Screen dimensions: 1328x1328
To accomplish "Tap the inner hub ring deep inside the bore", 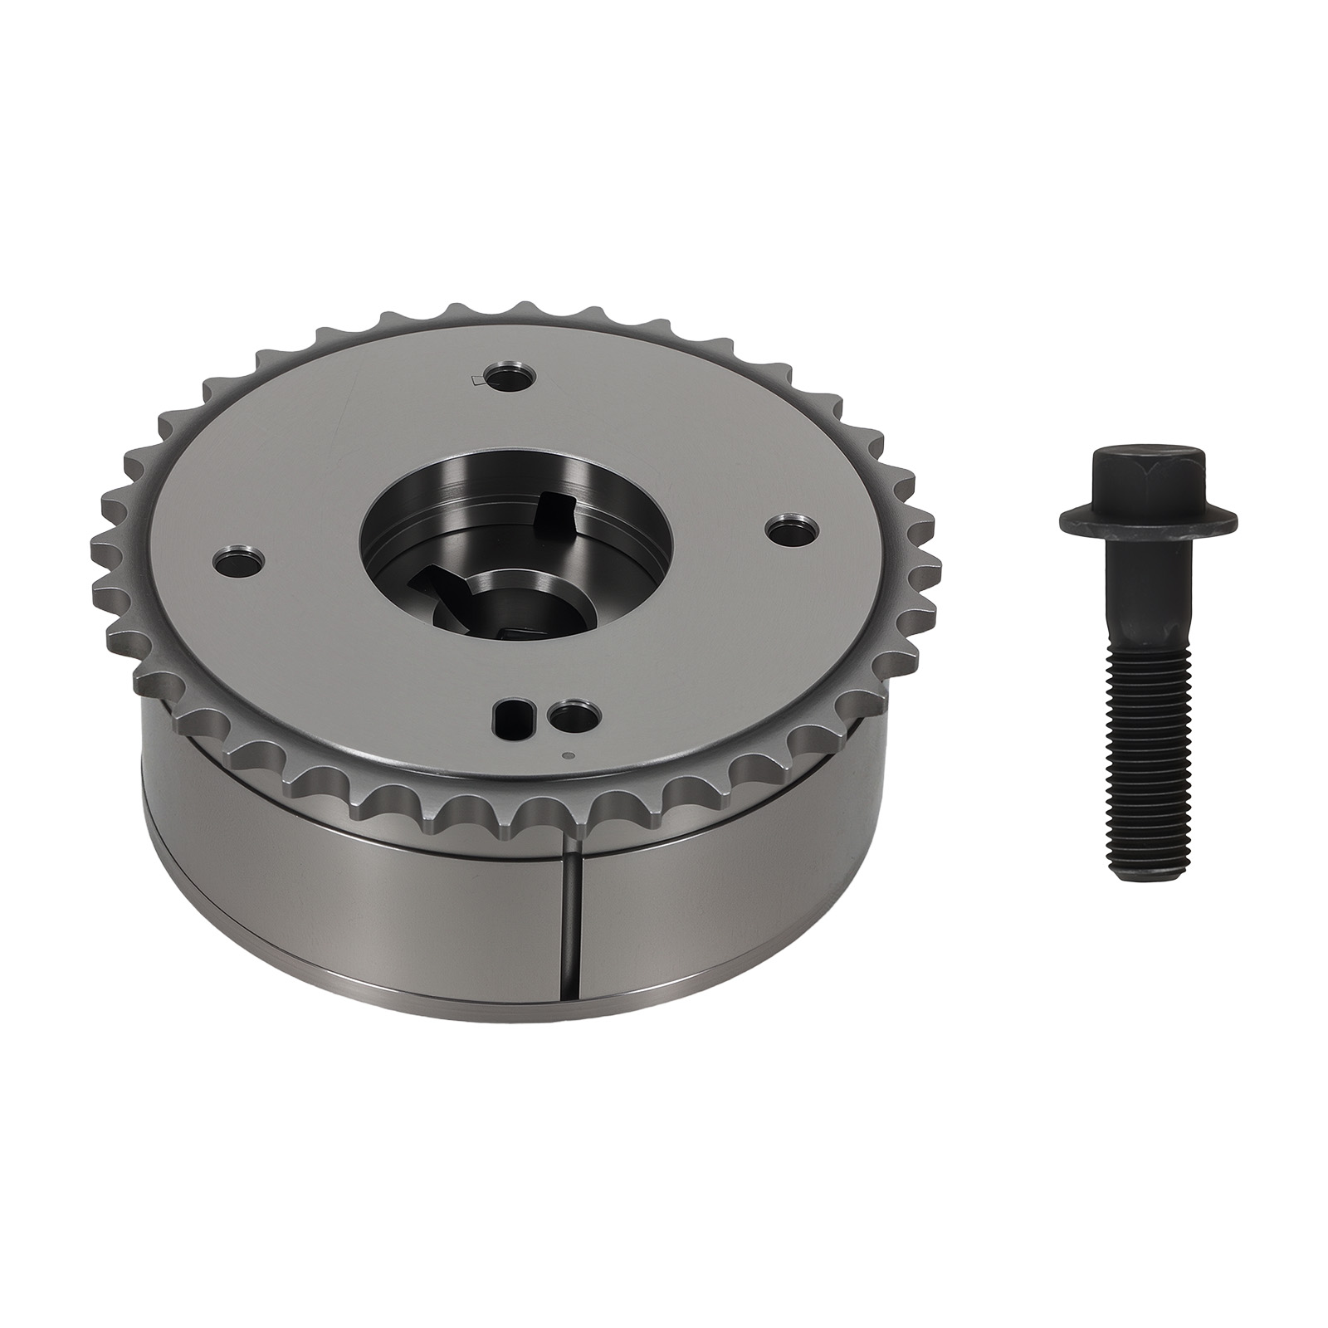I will click(506, 593).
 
